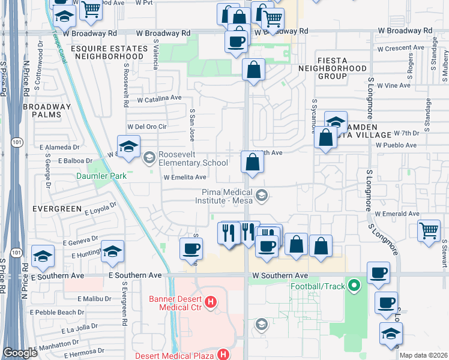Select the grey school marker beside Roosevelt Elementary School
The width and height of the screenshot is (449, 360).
pyautogui.click(x=149, y=158)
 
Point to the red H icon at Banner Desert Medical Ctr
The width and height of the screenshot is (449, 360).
pyautogui.click(x=210, y=302)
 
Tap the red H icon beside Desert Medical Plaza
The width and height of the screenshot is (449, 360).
pyautogui.click(x=223, y=355)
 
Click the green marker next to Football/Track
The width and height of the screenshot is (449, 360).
pyautogui.click(x=354, y=286)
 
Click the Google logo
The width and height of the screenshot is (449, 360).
pyautogui.click(x=20, y=353)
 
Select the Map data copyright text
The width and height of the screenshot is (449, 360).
pyautogui.click(x=423, y=355)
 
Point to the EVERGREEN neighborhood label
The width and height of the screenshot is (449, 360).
pyautogui.click(x=58, y=208)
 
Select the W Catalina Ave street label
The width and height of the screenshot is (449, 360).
pyautogui.click(x=159, y=98)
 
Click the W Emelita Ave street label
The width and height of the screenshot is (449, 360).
pyautogui.click(x=185, y=177)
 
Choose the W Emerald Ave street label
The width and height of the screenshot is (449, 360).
pyautogui.click(x=397, y=214)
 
